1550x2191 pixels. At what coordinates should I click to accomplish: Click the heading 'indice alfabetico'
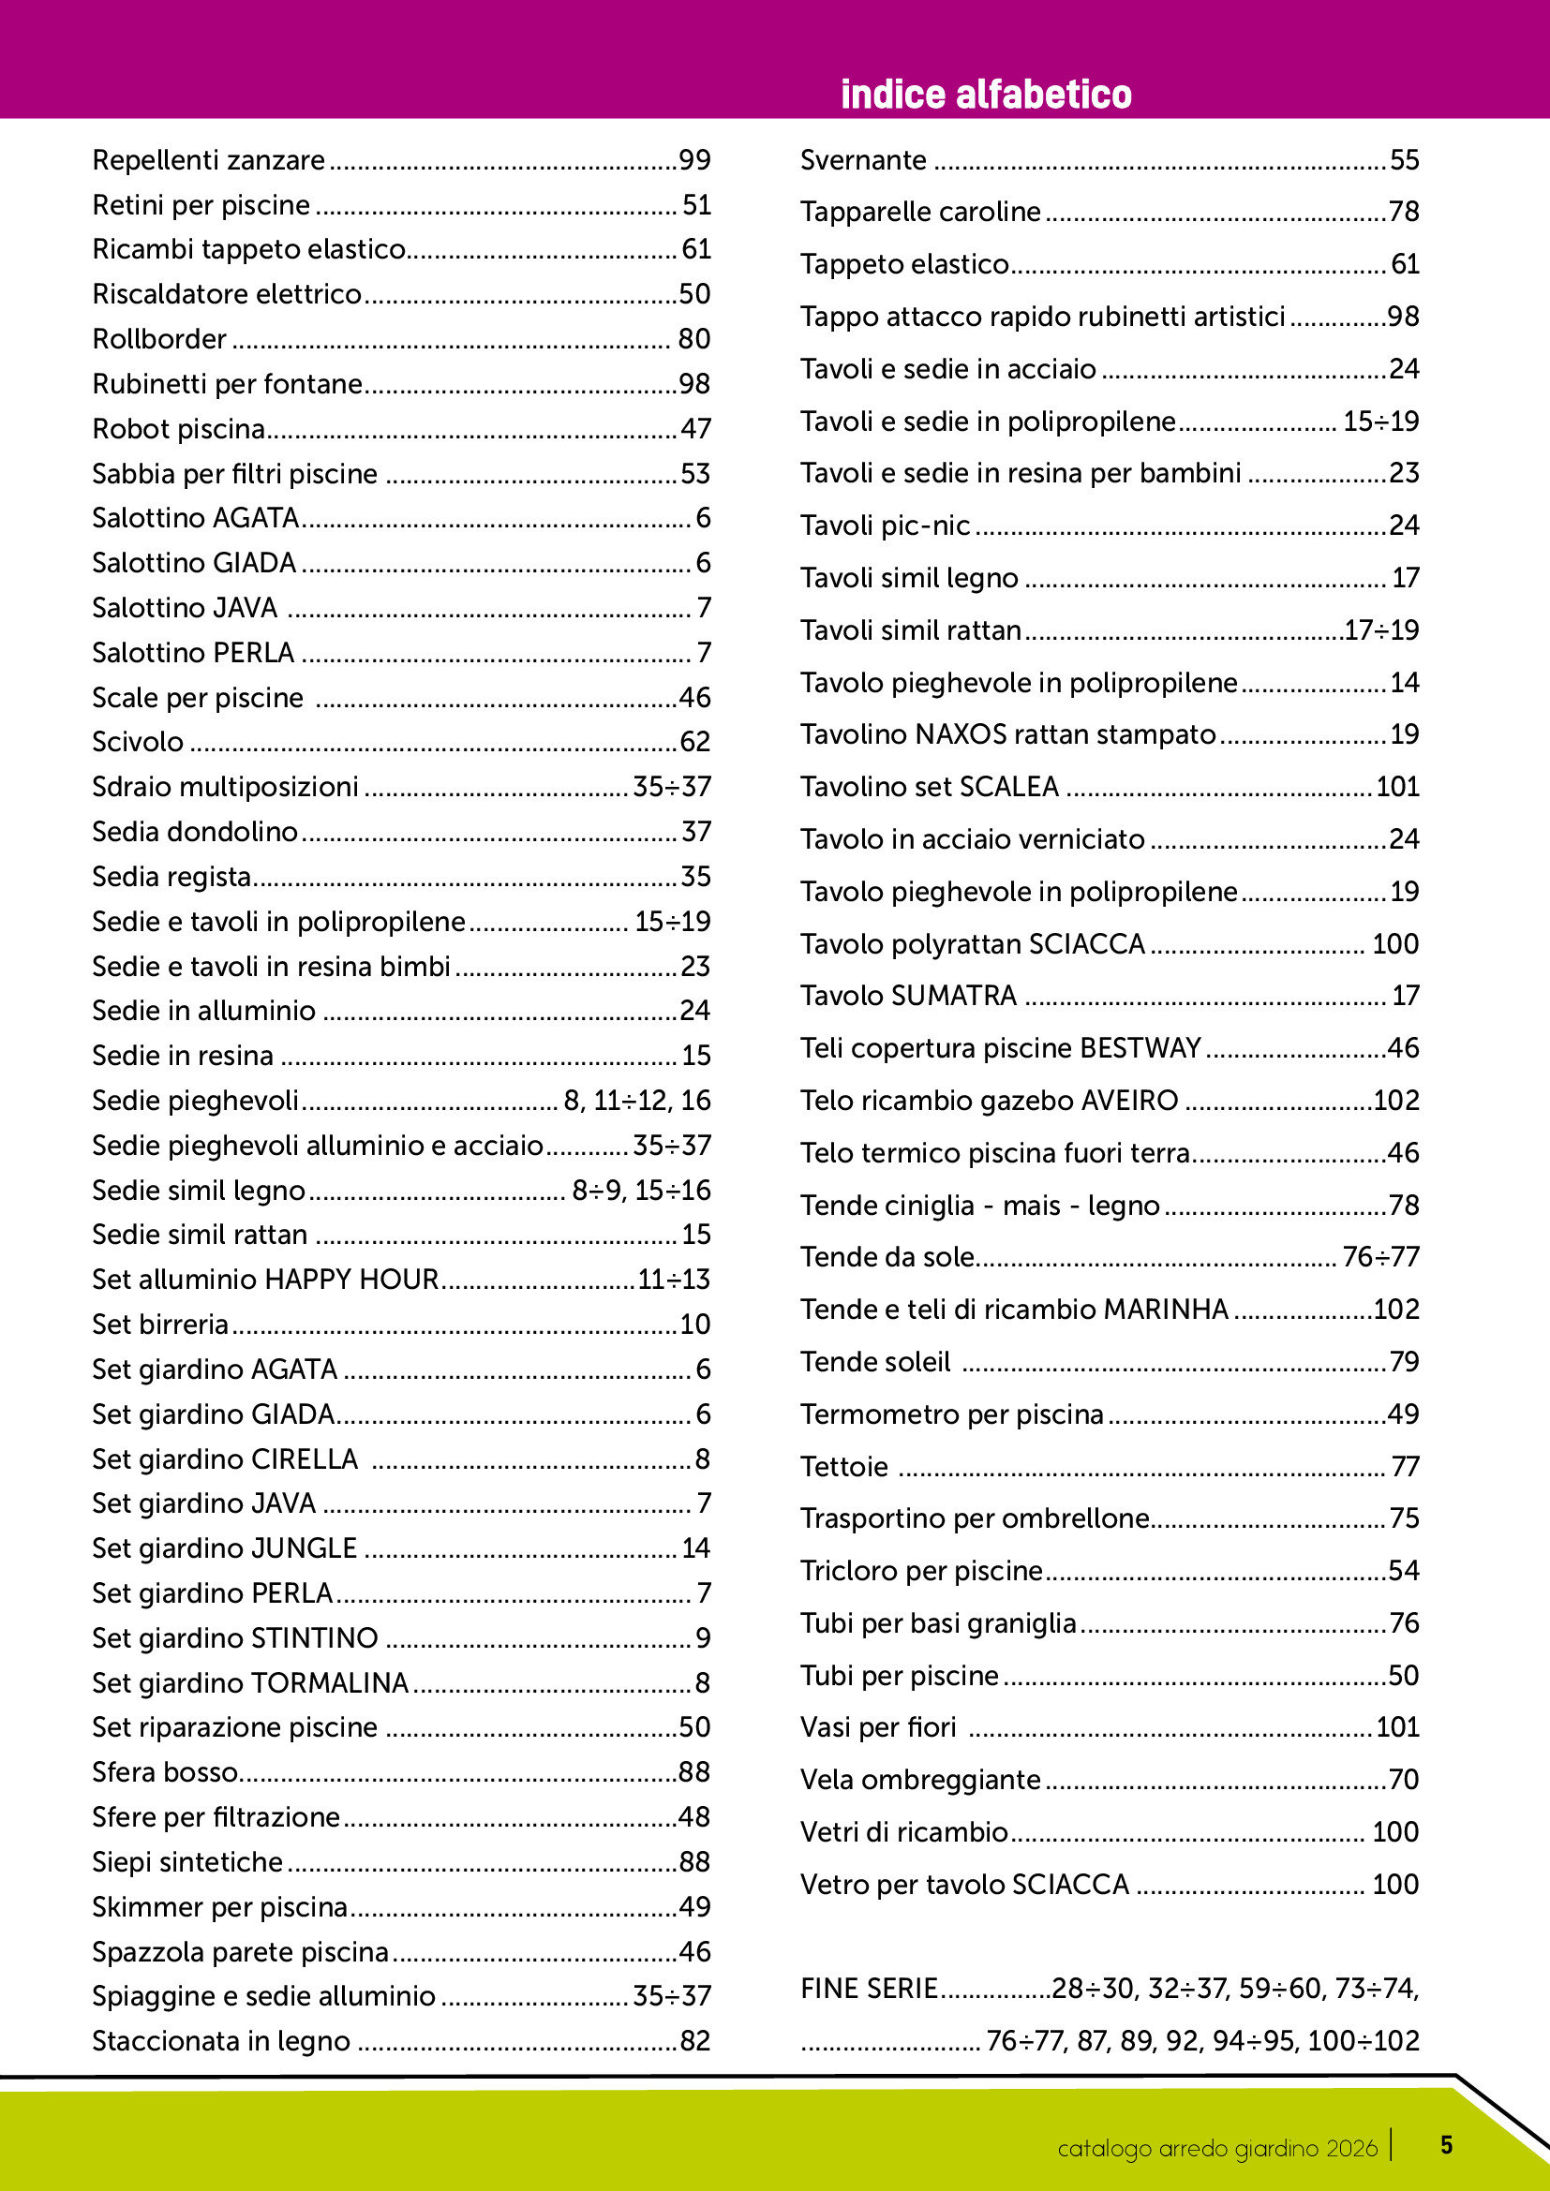[985, 95]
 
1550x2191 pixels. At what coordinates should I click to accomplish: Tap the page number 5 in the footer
[1446, 2145]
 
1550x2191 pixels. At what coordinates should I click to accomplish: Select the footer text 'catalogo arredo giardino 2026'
[1217, 2148]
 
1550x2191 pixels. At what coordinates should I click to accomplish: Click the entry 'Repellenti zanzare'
[208, 160]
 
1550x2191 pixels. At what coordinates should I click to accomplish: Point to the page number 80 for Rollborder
[693, 339]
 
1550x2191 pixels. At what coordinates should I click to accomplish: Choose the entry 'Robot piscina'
[178, 429]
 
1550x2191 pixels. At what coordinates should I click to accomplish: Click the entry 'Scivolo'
[138, 742]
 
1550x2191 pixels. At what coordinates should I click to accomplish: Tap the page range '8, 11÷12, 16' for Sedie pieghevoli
[636, 1101]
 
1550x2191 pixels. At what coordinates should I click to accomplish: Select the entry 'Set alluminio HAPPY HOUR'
[265, 1279]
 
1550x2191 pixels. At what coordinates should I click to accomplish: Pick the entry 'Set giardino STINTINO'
[235, 1637]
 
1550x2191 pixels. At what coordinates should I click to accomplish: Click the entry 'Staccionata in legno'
[220, 2040]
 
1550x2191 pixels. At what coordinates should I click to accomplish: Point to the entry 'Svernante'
[863, 160]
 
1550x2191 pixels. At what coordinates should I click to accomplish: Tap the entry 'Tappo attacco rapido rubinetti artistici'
[1042, 317]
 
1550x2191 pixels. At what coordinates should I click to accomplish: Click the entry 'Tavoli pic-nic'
[885, 526]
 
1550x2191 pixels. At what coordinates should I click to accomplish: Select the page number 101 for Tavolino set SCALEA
[1397, 786]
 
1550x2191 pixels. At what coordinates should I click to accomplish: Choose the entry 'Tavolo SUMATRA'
[908, 996]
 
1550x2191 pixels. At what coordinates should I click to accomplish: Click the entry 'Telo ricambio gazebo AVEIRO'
[989, 1101]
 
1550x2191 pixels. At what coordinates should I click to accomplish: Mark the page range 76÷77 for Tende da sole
[1380, 1257]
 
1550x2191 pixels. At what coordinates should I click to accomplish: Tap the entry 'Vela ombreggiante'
[920, 1780]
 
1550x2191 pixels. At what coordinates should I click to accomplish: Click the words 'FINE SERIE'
[869, 1989]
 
